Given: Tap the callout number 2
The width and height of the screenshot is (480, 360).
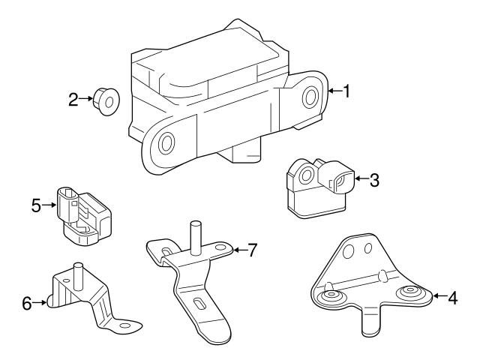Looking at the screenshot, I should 73,99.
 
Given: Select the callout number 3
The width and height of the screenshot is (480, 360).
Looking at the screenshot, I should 374,179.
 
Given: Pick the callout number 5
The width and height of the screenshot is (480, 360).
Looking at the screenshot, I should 36,203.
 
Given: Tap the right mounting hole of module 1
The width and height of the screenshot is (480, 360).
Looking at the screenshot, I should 308,97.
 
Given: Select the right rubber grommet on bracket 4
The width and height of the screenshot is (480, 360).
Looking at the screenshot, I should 409,293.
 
